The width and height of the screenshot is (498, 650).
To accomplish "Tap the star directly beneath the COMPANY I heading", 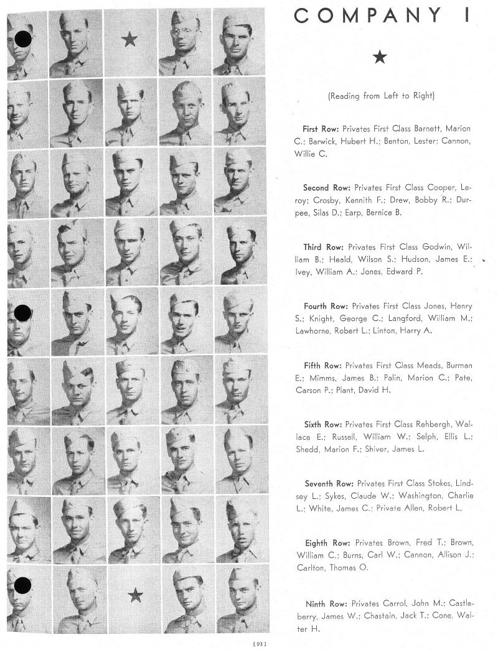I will [x=380, y=58].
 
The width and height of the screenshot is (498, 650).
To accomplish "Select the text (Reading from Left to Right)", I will [x=381, y=96].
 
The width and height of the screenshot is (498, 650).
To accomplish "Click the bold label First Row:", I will [x=321, y=129].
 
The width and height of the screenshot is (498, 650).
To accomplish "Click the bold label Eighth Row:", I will [x=326, y=543].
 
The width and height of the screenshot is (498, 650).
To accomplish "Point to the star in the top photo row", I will [x=129, y=40].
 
